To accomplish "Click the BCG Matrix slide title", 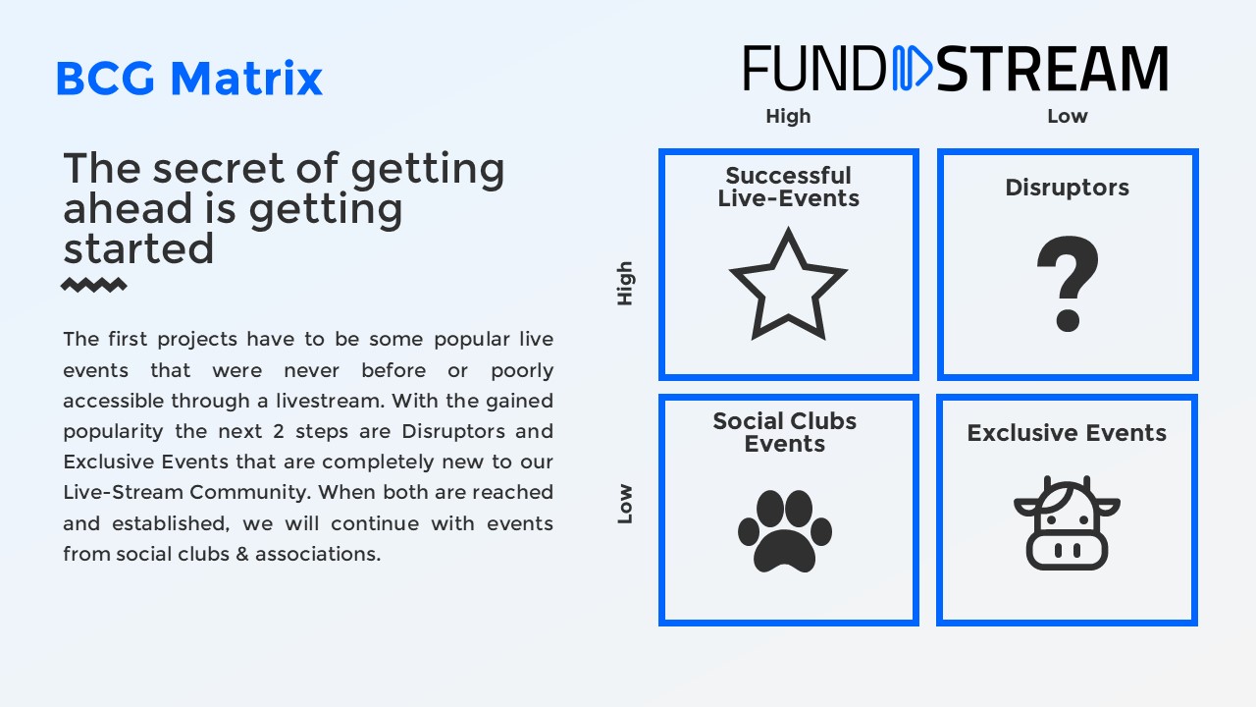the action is pos(189,78).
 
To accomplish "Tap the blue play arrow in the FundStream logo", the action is pos(913,69).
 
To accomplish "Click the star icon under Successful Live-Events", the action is pos(788,284).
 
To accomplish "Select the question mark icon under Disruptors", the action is pos(1068,284).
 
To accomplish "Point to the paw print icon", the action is pos(785,531).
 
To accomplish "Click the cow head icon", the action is pos(1067,523).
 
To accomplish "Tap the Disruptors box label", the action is pos(1067,188).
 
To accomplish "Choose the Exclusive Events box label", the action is pos(1067,433).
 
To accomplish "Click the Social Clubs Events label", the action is pos(784,432).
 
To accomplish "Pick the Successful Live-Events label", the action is pos(788,187).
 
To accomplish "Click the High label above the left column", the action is pos(788,116).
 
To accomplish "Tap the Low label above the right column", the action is pos(1068,116).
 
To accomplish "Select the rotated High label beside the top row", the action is pos(625,284).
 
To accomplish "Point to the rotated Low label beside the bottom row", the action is pos(625,504).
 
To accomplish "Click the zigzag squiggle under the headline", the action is pos(93,285).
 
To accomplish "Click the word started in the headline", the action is pos(138,248).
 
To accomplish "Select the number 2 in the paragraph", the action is pos(279,431).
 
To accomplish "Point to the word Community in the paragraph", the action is pos(249,493).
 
